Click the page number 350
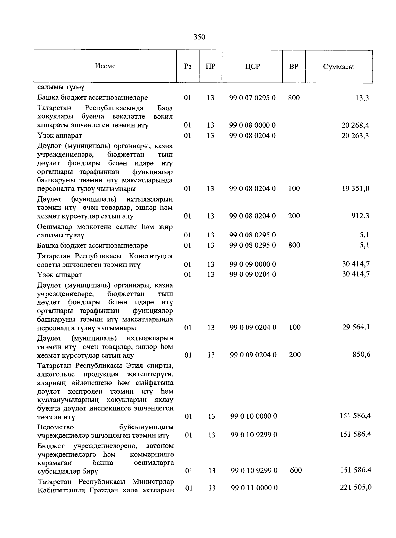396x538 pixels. [x=199, y=37]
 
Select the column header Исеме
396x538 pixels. [x=105, y=66]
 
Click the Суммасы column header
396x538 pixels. [x=338, y=67]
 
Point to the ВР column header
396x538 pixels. [x=294, y=66]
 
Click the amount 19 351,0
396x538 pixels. [x=355, y=189]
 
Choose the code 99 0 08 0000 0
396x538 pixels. [x=252, y=125]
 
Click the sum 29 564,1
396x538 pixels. [x=356, y=327]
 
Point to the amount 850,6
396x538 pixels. [x=361, y=355]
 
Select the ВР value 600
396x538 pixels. [x=296, y=470]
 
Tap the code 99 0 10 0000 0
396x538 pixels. [x=253, y=416]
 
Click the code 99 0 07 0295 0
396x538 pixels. [x=252, y=98]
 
